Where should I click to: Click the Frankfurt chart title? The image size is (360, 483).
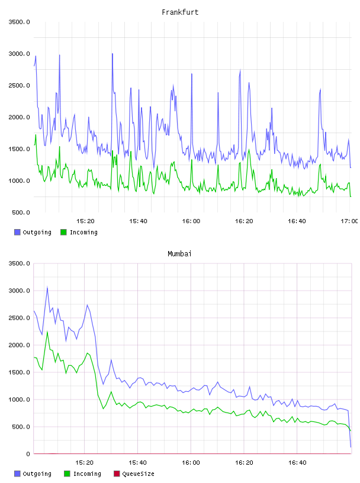click(x=180, y=12)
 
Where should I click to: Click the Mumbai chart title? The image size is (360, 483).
click(x=179, y=253)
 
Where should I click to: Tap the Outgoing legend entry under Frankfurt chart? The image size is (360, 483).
click(x=33, y=232)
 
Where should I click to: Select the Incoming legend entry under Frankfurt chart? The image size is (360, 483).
click(x=79, y=232)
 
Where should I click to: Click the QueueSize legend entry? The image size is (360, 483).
click(x=134, y=474)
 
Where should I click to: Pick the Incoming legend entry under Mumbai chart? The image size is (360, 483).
click(x=83, y=474)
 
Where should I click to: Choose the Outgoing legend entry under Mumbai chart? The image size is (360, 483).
click(x=33, y=474)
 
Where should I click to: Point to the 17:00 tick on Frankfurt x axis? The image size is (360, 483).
click(x=349, y=221)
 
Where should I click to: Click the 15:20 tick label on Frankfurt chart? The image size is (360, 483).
click(x=85, y=221)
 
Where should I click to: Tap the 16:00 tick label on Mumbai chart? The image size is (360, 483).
click(x=191, y=463)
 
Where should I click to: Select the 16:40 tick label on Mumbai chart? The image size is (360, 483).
click(x=297, y=463)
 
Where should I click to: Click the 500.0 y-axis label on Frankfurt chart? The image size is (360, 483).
click(x=21, y=212)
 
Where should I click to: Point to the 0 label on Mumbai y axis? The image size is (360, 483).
click(x=28, y=454)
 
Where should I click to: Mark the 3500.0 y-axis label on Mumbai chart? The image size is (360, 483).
click(x=19, y=263)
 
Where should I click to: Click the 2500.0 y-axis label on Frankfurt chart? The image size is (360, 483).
click(x=19, y=85)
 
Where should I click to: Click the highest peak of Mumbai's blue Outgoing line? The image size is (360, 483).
click(x=47, y=288)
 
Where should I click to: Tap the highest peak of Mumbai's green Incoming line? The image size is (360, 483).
click(x=47, y=331)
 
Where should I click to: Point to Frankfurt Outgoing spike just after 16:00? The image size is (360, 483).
click(x=192, y=74)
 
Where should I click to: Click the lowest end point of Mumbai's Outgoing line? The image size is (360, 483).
click(x=351, y=447)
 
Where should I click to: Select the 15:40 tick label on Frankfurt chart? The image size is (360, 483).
click(x=138, y=221)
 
